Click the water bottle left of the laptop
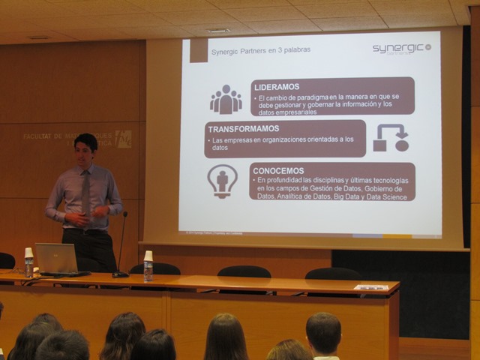[28, 263]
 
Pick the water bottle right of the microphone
[148, 266]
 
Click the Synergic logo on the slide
[401, 48]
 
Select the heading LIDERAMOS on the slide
[277, 87]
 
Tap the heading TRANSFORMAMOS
[244, 128]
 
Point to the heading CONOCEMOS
[278, 170]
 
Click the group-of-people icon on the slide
[225, 99]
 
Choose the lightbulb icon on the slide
[222, 181]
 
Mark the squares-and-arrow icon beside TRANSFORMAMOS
[390, 139]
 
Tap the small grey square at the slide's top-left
[198, 50]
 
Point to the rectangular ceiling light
[217, 31]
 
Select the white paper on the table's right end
[371, 287]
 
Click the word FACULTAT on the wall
[43, 136]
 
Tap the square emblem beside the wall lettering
[124, 139]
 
